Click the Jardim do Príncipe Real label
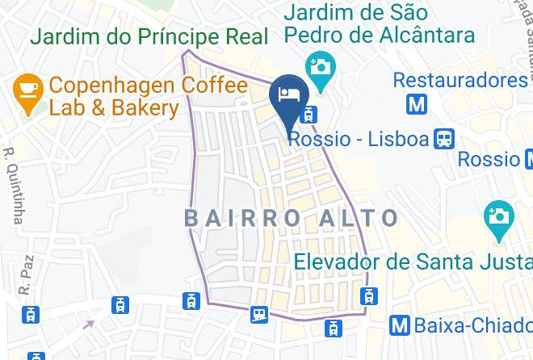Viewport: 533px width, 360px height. [149, 37]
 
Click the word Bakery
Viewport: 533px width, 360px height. [138, 108]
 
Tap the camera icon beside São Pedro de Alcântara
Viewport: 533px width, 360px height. [320, 65]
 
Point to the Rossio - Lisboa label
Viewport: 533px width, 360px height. [358, 139]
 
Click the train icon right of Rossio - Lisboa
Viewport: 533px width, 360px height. [443, 139]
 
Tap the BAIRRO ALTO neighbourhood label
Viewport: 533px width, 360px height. [292, 218]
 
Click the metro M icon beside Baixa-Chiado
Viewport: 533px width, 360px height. [399, 324]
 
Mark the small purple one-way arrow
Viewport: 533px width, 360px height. [87, 324]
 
